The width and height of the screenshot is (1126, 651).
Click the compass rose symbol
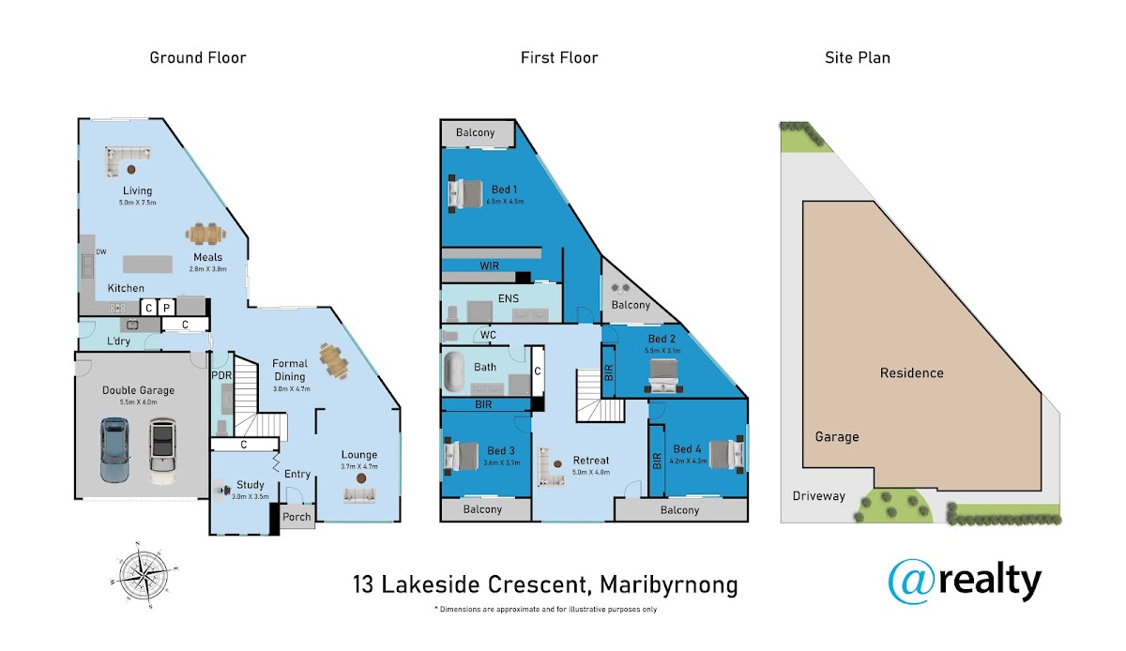144,575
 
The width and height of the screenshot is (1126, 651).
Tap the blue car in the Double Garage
114,449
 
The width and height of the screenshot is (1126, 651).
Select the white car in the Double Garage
162,451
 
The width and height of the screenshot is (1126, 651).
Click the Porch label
297,517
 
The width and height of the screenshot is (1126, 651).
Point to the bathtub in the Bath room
454,371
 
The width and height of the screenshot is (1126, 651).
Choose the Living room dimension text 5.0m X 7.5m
138,203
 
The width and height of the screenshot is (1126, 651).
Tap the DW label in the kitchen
101,251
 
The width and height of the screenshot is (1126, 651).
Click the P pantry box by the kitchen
166,307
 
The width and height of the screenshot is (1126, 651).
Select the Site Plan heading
858,58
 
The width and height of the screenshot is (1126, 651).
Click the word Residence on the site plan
911,373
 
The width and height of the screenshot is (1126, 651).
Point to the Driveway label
819,496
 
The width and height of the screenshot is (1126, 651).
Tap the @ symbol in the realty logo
911,582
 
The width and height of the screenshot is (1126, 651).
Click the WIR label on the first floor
489,265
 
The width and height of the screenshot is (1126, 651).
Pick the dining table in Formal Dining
333,360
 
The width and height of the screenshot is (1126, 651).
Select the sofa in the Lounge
358,495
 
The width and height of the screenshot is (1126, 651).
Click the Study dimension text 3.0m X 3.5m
251,496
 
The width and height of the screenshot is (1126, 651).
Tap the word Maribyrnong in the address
668,585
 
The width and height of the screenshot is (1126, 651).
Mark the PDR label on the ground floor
221,375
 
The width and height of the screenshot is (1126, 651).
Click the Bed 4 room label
687,449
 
